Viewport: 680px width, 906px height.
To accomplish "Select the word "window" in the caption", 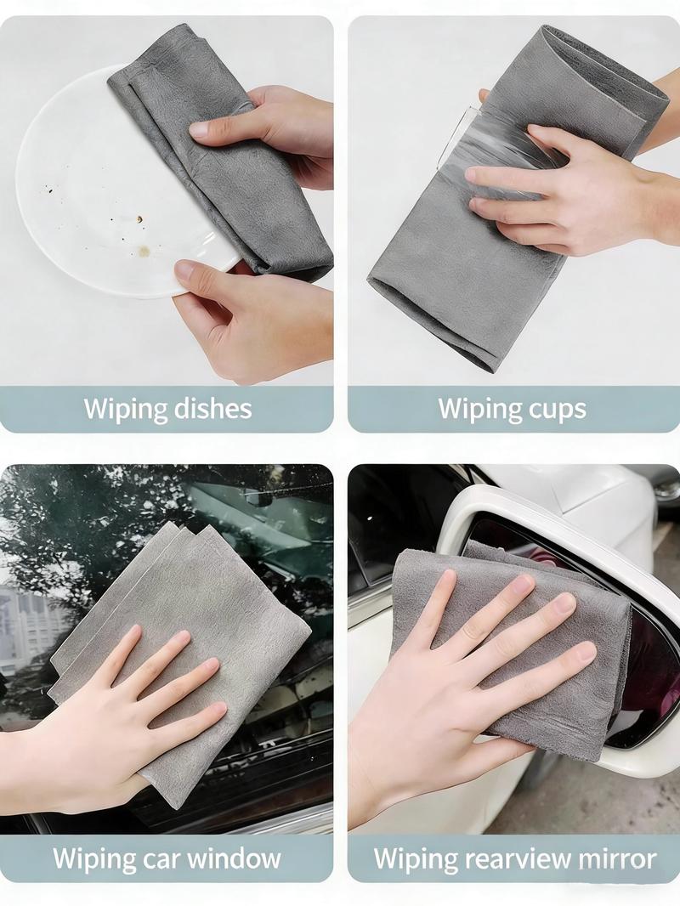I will point(234,858).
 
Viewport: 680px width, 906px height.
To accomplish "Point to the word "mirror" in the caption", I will point(618,858).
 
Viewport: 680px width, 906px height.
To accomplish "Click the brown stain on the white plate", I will point(144,252).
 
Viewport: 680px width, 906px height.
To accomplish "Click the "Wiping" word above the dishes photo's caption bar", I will point(122,409).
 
